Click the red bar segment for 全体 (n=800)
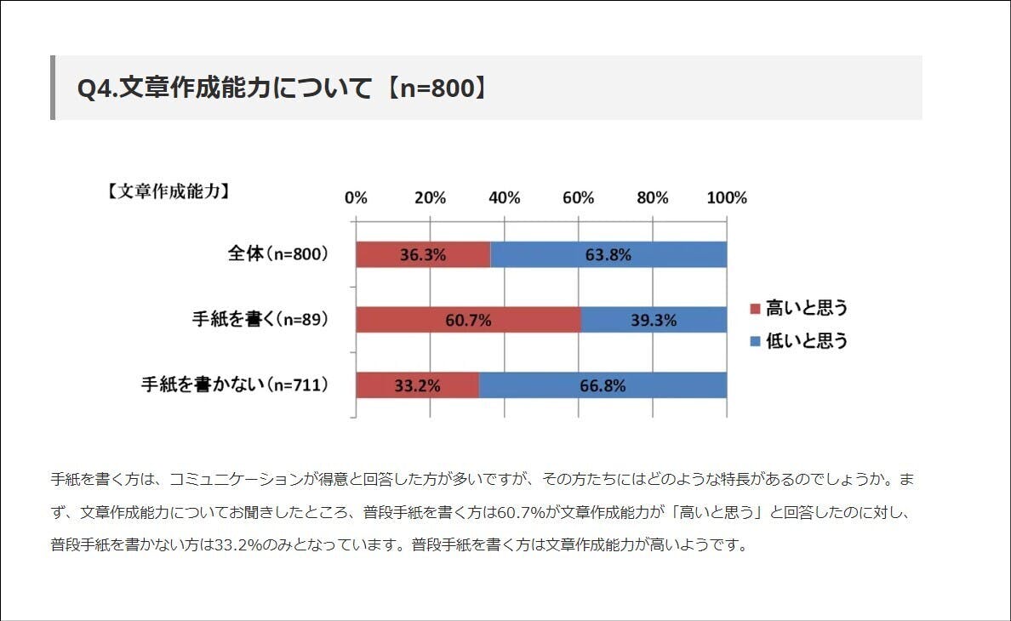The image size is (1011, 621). [x=423, y=255]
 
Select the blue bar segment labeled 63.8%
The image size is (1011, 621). [x=608, y=255]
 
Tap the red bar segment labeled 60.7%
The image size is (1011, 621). [x=468, y=320]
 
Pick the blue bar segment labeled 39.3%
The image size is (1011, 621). [x=654, y=320]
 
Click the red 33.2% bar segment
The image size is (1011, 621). [x=417, y=385]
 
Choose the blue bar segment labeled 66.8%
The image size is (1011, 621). [x=603, y=385]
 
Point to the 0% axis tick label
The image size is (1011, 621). [x=356, y=198]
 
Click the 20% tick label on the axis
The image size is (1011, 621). [x=430, y=198]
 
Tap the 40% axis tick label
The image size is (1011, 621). [x=504, y=198]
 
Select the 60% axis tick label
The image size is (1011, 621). [x=579, y=198]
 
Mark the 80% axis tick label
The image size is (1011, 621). [x=653, y=198]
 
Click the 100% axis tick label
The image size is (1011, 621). [x=726, y=198]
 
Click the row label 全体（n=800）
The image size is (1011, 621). [x=278, y=254]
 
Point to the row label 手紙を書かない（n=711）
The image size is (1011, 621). [x=235, y=385]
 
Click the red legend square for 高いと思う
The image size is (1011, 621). [x=754, y=308]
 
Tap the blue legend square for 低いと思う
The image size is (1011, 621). [x=754, y=342]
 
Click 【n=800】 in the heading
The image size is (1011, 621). [x=433, y=88]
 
